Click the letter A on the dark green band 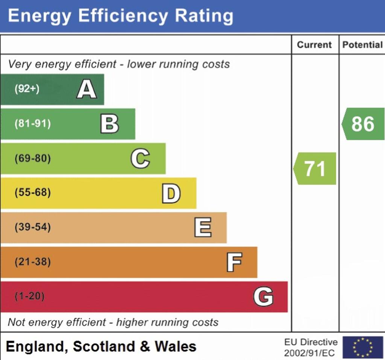[87, 89]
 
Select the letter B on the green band [109, 124]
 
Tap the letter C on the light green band [140, 159]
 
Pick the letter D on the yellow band [171, 194]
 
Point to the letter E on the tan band [203, 228]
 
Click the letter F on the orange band [234, 262]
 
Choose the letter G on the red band [263, 297]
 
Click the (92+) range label [27, 89]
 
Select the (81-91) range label [32, 124]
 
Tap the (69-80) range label [32, 159]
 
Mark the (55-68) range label [32, 193]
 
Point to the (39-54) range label [32, 228]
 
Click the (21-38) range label [32, 262]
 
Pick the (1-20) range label [29, 296]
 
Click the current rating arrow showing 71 [315, 169]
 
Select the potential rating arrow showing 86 [363, 124]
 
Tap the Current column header [314, 45]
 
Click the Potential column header [362, 45]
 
